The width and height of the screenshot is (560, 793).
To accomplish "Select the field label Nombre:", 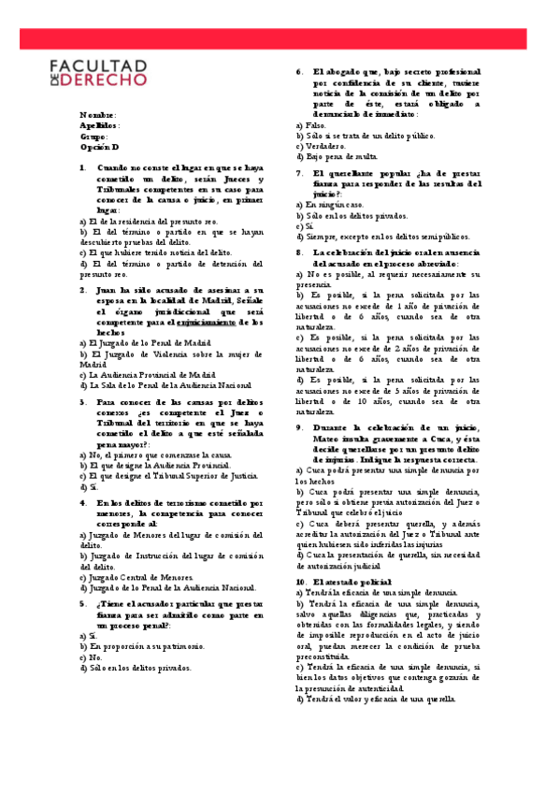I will coord(98,114).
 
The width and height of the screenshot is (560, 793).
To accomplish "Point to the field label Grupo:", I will coord(95,137).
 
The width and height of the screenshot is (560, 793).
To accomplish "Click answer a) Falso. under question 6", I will coord(310,124).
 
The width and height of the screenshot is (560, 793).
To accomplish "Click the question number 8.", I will coord(298,252).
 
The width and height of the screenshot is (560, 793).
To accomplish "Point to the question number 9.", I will coord(298,426).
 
